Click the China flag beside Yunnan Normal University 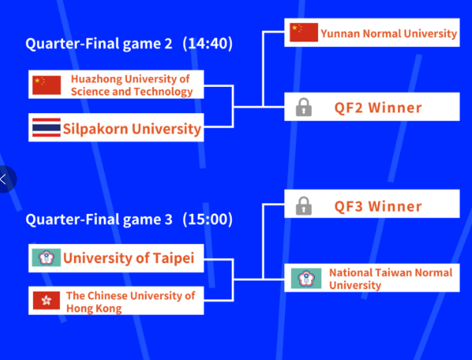click(303, 32)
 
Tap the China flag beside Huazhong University click(47, 85)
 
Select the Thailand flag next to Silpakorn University click(47, 128)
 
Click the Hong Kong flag click(46, 300)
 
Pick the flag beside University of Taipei click(47, 258)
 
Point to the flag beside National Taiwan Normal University click(306, 278)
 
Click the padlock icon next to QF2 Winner click(303, 107)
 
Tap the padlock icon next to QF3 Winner click(303, 205)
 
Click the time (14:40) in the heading click(208, 44)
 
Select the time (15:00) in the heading click(208, 219)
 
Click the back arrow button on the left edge click(7, 179)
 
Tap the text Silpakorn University click(132, 128)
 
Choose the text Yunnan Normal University click(389, 33)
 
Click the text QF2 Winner click(378, 108)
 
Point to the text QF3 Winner click(378, 206)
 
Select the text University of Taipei click(129, 258)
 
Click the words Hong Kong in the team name click(94, 308)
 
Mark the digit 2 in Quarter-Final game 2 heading click(168, 44)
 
